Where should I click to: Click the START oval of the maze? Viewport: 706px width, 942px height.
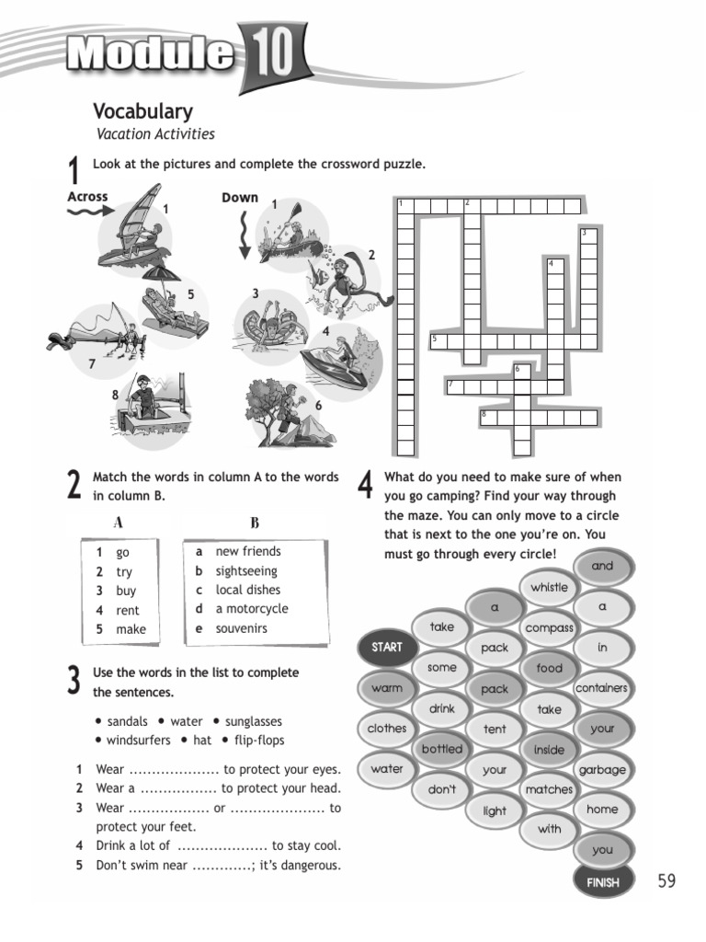click(x=387, y=648)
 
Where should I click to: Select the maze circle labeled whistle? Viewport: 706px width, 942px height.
click(x=549, y=588)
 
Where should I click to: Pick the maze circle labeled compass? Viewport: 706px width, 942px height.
click(x=549, y=628)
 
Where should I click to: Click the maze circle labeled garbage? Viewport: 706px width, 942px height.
click(x=602, y=769)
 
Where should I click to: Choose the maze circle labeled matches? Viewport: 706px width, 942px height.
click(x=549, y=789)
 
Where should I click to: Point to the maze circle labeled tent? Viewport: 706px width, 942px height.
click(x=495, y=729)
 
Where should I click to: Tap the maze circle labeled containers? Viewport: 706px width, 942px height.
click(x=602, y=688)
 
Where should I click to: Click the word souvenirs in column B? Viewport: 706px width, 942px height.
click(x=242, y=628)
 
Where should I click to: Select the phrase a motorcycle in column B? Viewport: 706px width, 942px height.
click(x=251, y=609)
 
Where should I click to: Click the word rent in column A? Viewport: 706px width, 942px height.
click(x=128, y=610)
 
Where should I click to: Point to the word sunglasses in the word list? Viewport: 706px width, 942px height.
click(x=253, y=722)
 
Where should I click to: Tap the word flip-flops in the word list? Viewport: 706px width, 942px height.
click(x=259, y=741)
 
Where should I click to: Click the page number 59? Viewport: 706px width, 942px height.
click(x=666, y=881)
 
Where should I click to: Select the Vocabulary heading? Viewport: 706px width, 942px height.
click(x=142, y=111)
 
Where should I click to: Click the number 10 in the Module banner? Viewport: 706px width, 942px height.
click(x=270, y=53)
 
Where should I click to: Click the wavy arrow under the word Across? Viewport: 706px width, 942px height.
click(x=89, y=212)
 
